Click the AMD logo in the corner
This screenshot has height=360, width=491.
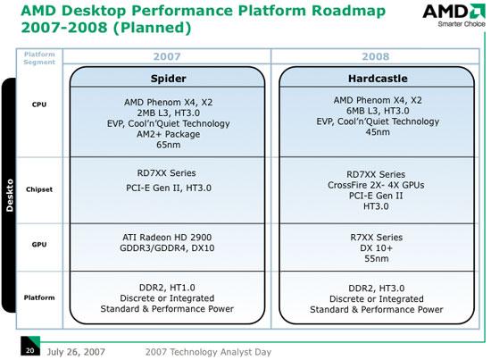click(x=454, y=14)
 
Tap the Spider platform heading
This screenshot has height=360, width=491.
click(x=168, y=79)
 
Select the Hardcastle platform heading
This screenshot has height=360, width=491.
click(x=378, y=79)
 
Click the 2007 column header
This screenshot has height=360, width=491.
click(x=167, y=56)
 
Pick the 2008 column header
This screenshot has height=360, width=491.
click(x=376, y=56)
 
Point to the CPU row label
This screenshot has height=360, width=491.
click(x=39, y=105)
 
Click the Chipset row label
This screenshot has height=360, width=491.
click(x=39, y=189)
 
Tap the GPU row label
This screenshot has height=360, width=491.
click(x=39, y=245)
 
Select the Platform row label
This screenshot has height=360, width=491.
click(x=39, y=297)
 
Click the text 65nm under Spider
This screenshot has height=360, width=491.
click(x=168, y=145)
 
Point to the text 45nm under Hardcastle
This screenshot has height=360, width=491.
click(x=378, y=132)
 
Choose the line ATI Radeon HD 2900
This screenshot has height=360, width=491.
click(x=167, y=238)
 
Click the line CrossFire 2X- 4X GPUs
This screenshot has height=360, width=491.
click(x=376, y=185)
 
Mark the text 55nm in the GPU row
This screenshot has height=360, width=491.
click(x=377, y=258)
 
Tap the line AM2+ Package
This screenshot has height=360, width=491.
click(x=168, y=134)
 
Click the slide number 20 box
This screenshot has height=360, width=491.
click(x=30, y=346)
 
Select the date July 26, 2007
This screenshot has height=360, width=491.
click(x=76, y=352)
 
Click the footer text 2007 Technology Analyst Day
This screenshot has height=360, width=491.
click(x=208, y=352)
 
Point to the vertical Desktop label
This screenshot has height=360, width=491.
click(x=10, y=196)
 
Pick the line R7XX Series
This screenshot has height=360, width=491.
click(x=377, y=238)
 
